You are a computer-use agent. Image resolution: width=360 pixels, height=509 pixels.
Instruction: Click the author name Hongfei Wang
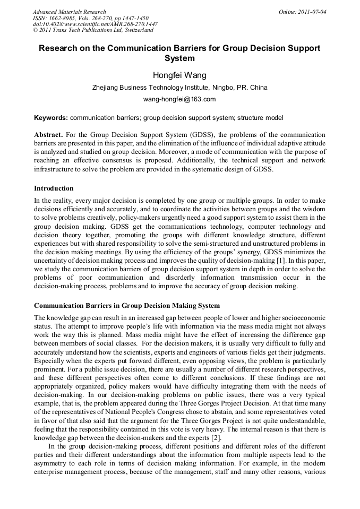click(x=179, y=75)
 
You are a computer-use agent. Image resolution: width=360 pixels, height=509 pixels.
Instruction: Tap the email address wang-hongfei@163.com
click(x=179, y=99)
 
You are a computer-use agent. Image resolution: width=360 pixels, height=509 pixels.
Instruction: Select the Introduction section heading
click(x=54, y=188)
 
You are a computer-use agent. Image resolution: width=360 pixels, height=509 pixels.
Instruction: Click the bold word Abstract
click(x=48, y=135)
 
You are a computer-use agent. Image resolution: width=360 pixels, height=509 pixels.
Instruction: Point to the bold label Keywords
click(x=50, y=117)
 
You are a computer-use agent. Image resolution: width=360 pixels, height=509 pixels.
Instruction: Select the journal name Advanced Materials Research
click(x=69, y=12)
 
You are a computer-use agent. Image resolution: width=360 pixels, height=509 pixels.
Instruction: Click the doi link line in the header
click(x=95, y=24)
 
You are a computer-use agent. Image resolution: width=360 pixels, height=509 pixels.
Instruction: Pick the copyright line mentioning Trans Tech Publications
click(x=93, y=31)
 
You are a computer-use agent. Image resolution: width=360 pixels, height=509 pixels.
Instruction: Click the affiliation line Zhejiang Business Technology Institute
click(x=179, y=88)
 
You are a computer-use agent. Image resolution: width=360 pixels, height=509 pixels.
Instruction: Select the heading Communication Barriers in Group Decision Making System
click(x=127, y=306)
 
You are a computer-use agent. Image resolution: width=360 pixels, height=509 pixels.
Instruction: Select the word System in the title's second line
click(x=179, y=59)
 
